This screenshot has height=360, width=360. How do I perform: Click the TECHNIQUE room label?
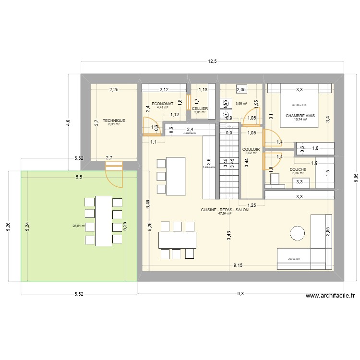[114, 120]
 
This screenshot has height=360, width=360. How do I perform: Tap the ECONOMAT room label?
[162, 104]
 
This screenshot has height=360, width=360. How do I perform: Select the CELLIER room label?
[200, 108]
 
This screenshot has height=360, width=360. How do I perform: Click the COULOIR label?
[252, 149]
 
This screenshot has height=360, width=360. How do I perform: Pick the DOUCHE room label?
[298, 169]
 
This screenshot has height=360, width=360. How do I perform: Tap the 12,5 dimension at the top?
[212, 61]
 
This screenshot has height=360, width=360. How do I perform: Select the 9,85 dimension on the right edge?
[356, 178]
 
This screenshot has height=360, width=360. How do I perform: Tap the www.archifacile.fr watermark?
[329, 297]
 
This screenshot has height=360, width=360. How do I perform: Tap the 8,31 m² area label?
[114, 124]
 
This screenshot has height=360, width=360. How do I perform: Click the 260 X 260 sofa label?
[294, 259]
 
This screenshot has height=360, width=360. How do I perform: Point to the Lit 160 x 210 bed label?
[299, 105]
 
